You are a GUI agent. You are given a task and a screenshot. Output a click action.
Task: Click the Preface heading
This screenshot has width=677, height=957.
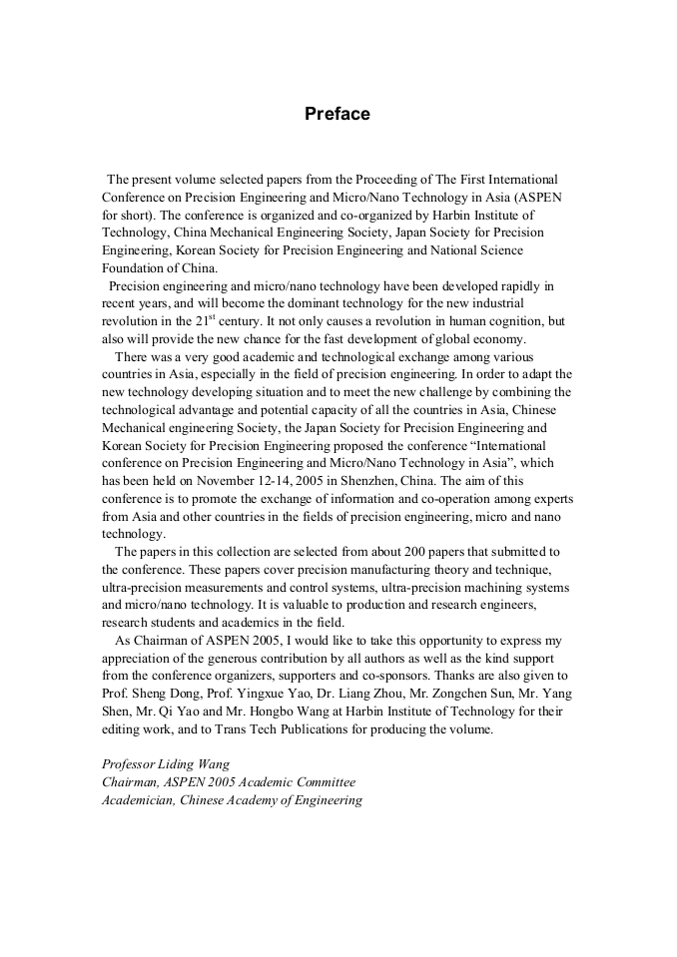tap(338, 114)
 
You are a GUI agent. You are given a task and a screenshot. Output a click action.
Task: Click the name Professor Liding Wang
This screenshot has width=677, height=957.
tap(166, 764)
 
